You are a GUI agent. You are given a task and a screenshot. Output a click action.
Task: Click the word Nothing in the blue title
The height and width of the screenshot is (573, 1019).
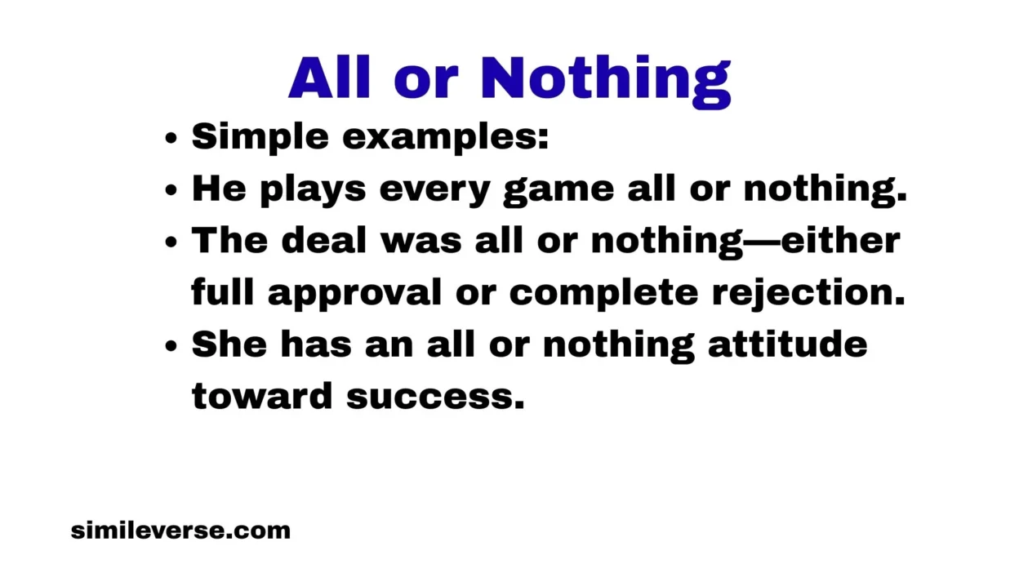pos(605,79)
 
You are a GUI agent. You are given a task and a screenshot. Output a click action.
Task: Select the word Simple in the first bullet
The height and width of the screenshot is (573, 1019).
pos(260,138)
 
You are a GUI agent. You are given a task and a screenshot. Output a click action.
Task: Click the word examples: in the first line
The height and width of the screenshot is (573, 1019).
pos(445,138)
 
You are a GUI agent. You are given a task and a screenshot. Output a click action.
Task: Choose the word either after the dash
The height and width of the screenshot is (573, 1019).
pos(840,241)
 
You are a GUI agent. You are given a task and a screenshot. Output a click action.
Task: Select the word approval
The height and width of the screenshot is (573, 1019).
pos(354,293)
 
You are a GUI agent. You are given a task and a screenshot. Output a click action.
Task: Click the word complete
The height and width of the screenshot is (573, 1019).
pos(604,293)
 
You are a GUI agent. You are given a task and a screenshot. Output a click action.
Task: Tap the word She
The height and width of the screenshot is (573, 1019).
pos(229,344)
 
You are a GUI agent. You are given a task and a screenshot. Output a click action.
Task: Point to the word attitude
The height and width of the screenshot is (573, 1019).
pos(787,344)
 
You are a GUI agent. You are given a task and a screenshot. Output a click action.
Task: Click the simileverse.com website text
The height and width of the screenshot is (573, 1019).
pos(180,531)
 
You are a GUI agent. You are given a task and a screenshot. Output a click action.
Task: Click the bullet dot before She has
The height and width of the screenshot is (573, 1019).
pos(171,346)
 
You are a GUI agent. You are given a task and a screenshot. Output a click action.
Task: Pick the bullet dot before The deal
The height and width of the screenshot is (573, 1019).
pos(171,242)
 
